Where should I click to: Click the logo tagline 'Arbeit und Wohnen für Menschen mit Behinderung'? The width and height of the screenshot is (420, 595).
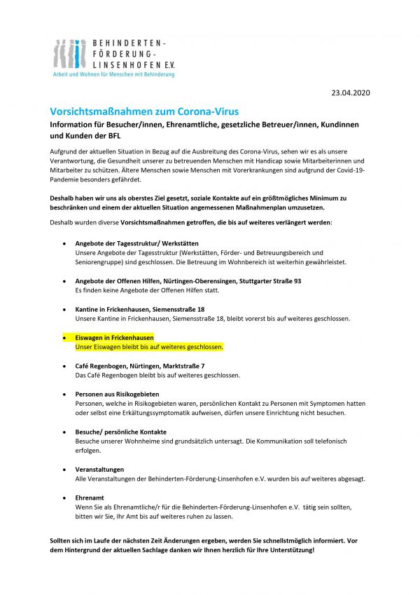pos(114,74)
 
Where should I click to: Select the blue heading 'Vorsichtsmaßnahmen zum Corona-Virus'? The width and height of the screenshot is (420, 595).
pos(144,111)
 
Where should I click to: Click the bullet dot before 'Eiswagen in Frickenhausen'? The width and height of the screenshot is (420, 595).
pos(65,337)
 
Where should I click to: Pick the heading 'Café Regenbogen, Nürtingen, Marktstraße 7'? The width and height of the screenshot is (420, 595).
pos(139,366)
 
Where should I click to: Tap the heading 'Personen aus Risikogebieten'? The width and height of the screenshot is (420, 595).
pos(117,395)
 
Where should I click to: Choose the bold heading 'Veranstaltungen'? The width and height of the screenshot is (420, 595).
pos(99,469)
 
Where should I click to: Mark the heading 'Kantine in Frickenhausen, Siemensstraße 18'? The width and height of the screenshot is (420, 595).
pos(140,309)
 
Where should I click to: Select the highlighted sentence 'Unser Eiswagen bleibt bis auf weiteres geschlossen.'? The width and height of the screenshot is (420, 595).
pos(148,347)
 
